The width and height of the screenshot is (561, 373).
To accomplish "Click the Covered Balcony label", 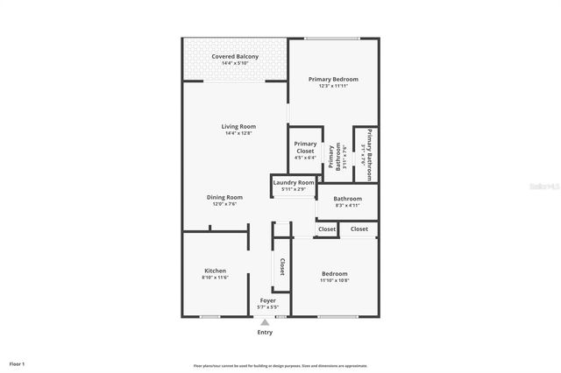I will coord(234,56).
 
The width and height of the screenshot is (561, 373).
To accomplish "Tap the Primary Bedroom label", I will coord(333,79).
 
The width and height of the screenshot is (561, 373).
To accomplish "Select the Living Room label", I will coord(238,127).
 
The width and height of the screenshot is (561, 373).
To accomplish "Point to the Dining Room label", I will coord(224,197).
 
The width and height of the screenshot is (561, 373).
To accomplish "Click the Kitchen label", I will coord(215,271).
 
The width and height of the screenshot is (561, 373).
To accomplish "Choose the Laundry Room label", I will coord(294,182).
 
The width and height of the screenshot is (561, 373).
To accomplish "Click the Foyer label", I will coord(267,300).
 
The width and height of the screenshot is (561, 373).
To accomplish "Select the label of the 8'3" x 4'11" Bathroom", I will coord(348,199).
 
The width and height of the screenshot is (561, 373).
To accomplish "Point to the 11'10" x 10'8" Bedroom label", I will coord(334,274).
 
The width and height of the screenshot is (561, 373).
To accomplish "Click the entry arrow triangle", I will coord(265,322).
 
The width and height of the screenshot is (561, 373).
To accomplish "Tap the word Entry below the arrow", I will coord(265,333).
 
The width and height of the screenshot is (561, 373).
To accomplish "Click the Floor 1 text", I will coord(18,363).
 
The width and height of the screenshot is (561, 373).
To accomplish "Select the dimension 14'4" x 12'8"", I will coord(238,134).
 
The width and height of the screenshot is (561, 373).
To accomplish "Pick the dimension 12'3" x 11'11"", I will coord(333,86).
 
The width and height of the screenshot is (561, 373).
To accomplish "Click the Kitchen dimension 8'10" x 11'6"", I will coord(215,278).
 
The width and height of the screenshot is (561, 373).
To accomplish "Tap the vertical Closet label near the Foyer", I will coord(282,267).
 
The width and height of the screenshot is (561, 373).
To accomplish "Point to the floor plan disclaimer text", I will coord(280,365).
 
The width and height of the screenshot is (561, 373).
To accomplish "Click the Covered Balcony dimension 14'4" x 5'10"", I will coord(234,63).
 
